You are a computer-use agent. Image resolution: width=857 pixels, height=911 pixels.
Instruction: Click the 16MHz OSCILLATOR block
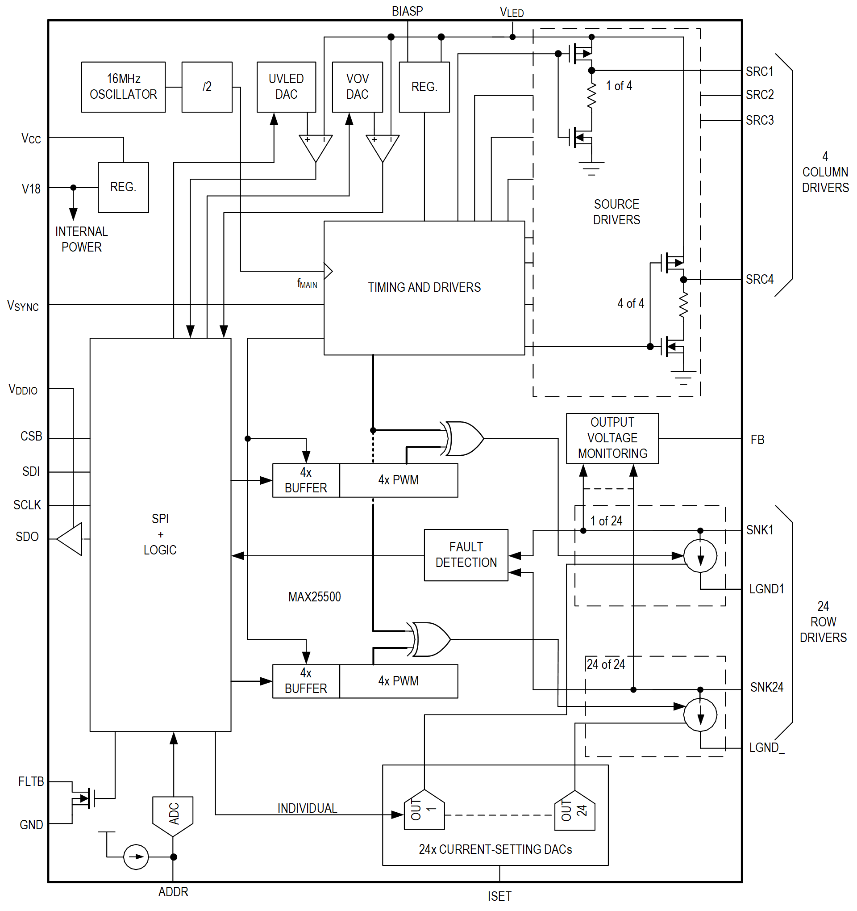(123, 87)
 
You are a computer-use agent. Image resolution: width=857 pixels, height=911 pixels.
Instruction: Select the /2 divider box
(207, 87)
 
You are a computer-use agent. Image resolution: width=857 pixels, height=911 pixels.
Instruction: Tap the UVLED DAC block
(286, 87)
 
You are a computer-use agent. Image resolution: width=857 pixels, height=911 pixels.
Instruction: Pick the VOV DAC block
(357, 87)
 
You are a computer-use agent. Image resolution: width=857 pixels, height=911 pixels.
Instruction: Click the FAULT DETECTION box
(466, 555)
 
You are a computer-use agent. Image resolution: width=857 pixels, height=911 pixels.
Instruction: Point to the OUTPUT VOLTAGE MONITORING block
(612, 438)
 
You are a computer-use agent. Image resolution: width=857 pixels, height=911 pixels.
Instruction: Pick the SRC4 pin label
(759, 279)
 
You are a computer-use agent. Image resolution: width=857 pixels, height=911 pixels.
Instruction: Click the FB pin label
(757, 440)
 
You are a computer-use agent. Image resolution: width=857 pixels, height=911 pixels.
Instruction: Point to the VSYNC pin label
(23, 306)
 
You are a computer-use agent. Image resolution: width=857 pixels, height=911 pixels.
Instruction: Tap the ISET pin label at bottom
(499, 896)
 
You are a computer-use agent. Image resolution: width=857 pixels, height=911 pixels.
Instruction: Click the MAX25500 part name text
(315, 596)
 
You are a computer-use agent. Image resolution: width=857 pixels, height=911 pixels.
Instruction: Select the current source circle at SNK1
(700, 555)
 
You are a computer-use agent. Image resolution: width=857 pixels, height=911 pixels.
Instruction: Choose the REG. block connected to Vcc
(123, 187)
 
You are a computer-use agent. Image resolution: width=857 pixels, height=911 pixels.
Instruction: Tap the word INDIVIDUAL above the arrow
(307, 808)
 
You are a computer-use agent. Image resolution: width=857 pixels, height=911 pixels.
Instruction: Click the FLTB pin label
(31, 781)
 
